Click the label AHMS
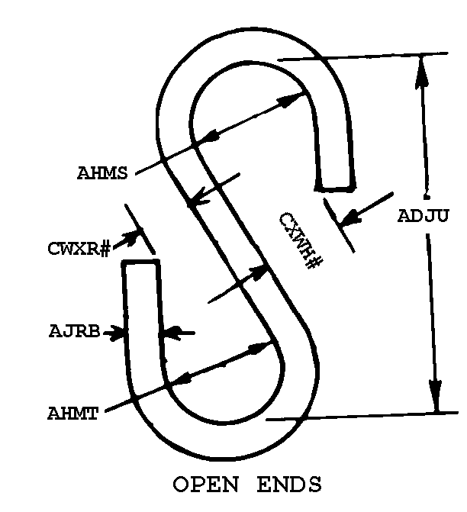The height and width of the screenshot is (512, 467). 102,173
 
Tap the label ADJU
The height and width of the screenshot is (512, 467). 423,216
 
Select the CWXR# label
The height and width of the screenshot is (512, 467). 79,249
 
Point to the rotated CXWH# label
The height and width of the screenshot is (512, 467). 301,240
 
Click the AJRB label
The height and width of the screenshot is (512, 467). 75,331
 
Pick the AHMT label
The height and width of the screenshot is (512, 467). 72,414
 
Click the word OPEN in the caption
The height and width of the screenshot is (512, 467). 206,485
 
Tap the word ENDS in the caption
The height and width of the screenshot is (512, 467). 289,485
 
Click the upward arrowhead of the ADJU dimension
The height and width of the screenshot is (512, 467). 422,72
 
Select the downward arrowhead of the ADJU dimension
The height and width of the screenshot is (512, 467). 436,396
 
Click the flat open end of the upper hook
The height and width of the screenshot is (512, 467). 335,188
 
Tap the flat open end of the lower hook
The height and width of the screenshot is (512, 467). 140,261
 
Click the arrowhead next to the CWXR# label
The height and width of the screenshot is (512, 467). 130,237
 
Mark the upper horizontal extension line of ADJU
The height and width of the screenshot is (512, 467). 362,56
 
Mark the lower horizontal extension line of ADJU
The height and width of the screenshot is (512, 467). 362,416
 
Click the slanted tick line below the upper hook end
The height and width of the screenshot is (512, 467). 339,225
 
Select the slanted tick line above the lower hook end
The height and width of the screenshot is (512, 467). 140,229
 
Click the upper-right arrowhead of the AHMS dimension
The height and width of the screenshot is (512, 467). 291,99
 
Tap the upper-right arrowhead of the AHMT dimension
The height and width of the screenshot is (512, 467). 260,347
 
